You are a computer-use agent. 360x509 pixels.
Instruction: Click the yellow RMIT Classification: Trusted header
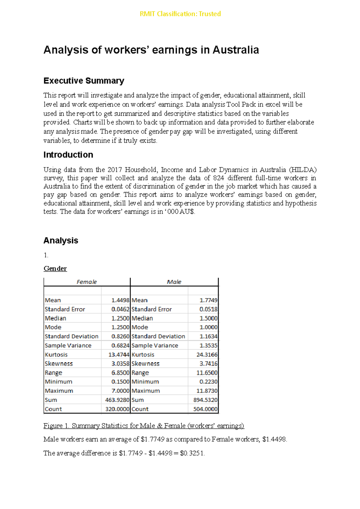pos(180,14)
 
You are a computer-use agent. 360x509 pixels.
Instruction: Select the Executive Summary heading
pos(84,81)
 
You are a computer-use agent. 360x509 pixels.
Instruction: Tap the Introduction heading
pos(68,155)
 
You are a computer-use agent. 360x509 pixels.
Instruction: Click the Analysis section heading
pos(61,240)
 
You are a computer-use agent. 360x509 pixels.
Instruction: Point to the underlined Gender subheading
pos(55,269)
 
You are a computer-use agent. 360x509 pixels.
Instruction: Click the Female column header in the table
pos(87,282)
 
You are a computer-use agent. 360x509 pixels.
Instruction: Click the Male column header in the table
pos(174,282)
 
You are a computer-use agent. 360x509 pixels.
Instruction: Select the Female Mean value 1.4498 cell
pos(120,300)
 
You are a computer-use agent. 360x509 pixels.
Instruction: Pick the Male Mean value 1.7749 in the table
pos(208,300)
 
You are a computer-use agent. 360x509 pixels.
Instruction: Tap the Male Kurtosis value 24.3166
pos(207,355)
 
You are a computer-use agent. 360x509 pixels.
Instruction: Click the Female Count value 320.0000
pos(117,409)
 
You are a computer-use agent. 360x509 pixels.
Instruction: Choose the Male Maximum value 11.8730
pos(207,391)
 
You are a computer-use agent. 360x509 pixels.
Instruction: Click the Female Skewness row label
pos(59,364)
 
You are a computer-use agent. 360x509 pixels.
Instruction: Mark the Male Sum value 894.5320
pos(205,400)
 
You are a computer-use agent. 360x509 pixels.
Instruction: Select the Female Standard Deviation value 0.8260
pos(120,336)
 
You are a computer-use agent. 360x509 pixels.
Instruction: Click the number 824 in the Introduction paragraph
pos(218,178)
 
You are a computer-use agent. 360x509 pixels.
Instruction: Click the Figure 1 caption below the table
pos(144,426)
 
